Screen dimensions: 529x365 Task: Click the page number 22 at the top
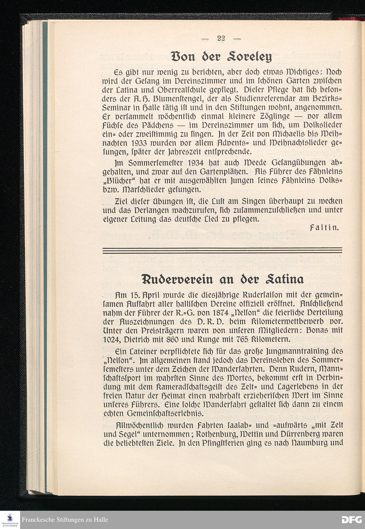pyautogui.click(x=220, y=38)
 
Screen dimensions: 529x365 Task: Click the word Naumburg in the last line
pyautogui.click(x=310, y=443)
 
